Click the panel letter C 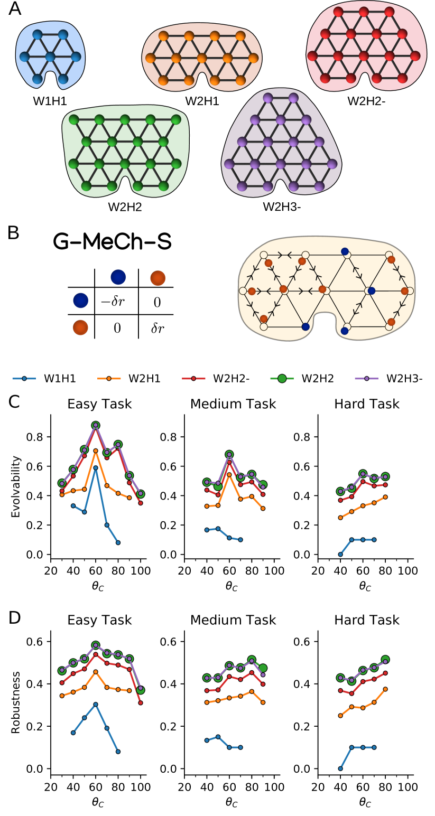click(x=15, y=402)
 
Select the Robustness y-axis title click(x=16, y=702)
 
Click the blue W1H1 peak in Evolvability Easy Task click(x=96, y=468)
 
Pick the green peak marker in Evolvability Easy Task click(x=96, y=426)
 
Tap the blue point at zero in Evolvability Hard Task click(x=340, y=555)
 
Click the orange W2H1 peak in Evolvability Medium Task click(x=229, y=474)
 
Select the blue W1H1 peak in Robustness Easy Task click(x=96, y=704)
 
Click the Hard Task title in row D click(x=367, y=620)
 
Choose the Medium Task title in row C click(x=233, y=405)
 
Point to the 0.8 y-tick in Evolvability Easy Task click(x=36, y=437)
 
